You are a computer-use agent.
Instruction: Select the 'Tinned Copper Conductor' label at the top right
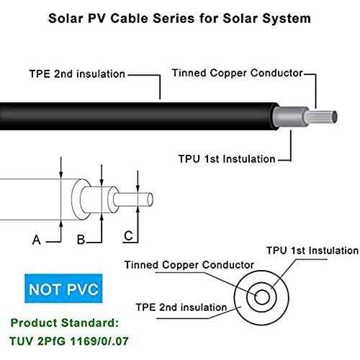(238, 73)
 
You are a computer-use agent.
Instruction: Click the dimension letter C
(127, 235)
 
